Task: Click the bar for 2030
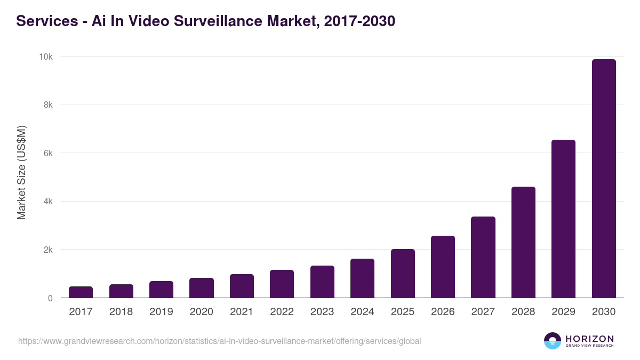click(x=604, y=179)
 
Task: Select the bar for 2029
click(x=563, y=219)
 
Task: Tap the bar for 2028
click(x=523, y=242)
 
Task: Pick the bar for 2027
click(x=483, y=257)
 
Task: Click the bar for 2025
click(x=403, y=274)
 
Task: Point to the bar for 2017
click(x=81, y=292)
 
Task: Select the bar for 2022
click(x=282, y=284)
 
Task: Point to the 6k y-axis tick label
click(x=47, y=154)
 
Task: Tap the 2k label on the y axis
click(x=47, y=250)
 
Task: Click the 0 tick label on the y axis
click(x=50, y=299)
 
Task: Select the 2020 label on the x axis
click(x=202, y=312)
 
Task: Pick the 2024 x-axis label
click(x=362, y=312)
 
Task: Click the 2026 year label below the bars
click(x=443, y=312)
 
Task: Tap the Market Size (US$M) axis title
click(x=21, y=173)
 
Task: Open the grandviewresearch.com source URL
click(x=219, y=341)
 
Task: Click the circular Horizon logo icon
click(x=552, y=341)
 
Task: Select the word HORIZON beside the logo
click(x=589, y=338)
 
